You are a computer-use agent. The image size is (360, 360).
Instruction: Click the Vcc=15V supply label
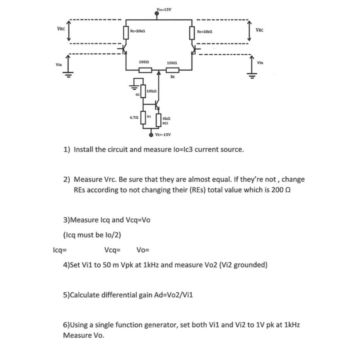(165, 9)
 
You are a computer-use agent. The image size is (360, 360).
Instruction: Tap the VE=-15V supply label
(163, 135)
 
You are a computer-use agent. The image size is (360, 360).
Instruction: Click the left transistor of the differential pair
(124, 49)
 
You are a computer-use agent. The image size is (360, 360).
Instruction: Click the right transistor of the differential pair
(194, 49)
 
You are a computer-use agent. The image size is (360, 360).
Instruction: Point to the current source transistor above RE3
(157, 107)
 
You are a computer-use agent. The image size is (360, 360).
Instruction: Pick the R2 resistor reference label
(138, 94)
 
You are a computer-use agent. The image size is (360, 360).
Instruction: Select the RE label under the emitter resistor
(172, 77)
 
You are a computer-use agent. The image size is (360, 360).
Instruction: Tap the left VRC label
(60, 28)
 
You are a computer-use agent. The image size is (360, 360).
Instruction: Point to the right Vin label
(260, 63)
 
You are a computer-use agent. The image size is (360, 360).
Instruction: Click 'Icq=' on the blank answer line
(60, 250)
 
